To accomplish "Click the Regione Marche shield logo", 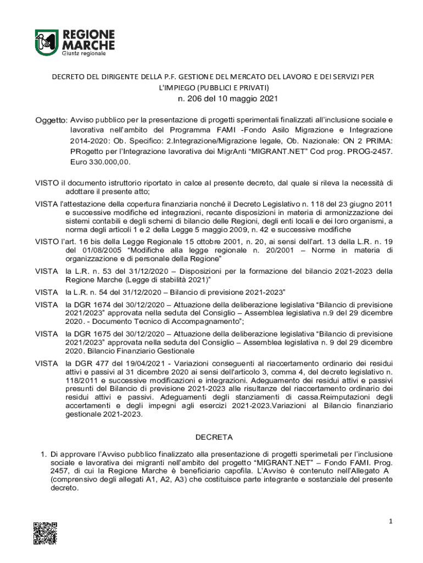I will click(x=46, y=42).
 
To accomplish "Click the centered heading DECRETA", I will click(x=214, y=437).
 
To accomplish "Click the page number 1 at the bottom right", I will click(x=389, y=521).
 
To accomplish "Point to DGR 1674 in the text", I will click(x=86, y=304).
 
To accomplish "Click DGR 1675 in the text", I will click(x=86, y=334).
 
